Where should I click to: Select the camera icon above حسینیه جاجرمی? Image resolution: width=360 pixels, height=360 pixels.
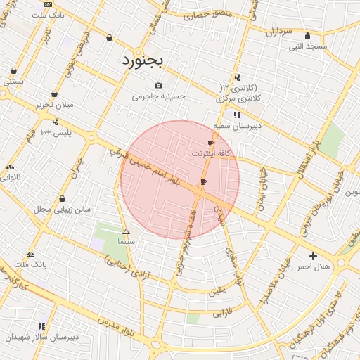[x=159, y=85]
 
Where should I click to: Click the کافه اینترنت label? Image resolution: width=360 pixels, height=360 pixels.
[x=210, y=153]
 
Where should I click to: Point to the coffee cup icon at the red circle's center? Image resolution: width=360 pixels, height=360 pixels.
[x=203, y=182]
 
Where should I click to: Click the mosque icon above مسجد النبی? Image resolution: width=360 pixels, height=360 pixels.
[x=307, y=37]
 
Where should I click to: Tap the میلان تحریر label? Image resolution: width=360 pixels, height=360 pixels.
[x=54, y=105]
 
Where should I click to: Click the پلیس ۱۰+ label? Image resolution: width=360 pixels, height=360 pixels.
[x=56, y=133]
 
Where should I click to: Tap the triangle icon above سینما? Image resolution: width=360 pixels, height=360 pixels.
[x=126, y=231]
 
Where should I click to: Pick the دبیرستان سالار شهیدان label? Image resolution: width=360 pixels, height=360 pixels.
[x=42, y=337]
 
